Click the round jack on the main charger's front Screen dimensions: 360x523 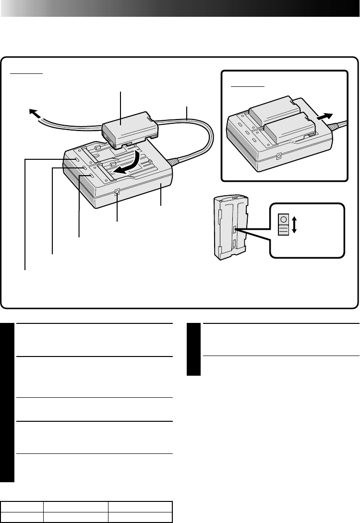[118, 193]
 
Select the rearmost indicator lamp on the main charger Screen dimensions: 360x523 [77, 158]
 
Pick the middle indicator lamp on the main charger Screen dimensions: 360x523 [84, 168]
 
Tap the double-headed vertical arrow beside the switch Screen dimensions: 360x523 [294, 224]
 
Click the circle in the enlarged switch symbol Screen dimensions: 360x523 [283, 220]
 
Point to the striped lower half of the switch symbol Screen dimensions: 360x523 [283, 230]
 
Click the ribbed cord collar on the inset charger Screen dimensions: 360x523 [336, 126]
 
